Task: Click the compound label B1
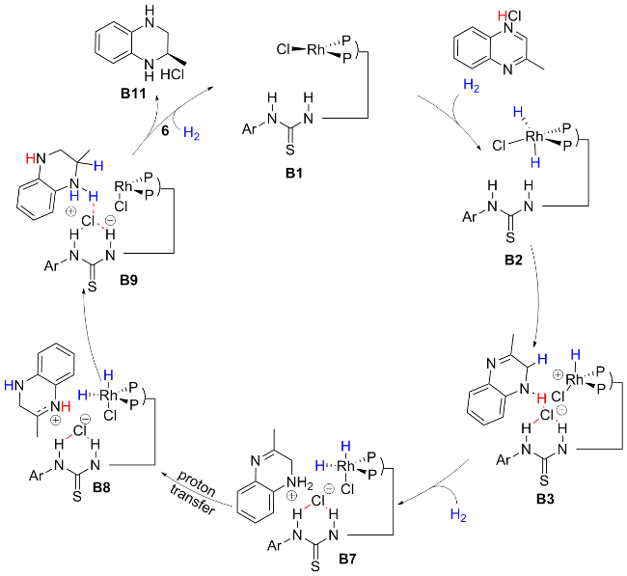(x=294, y=173)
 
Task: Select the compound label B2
(x=513, y=260)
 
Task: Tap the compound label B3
(x=545, y=499)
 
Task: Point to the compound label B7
(x=347, y=559)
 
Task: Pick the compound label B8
(x=101, y=487)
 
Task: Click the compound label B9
(x=128, y=280)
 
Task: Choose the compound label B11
(x=133, y=94)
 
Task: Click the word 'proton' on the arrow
(x=197, y=482)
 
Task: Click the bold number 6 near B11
(x=165, y=131)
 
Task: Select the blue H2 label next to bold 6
(x=191, y=133)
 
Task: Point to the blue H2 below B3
(x=458, y=515)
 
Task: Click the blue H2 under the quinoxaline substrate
(x=471, y=86)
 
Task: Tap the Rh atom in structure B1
(x=315, y=49)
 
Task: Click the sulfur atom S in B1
(x=290, y=151)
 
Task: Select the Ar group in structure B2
(x=470, y=217)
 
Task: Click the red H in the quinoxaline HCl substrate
(x=502, y=16)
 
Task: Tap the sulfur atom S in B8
(x=77, y=497)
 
